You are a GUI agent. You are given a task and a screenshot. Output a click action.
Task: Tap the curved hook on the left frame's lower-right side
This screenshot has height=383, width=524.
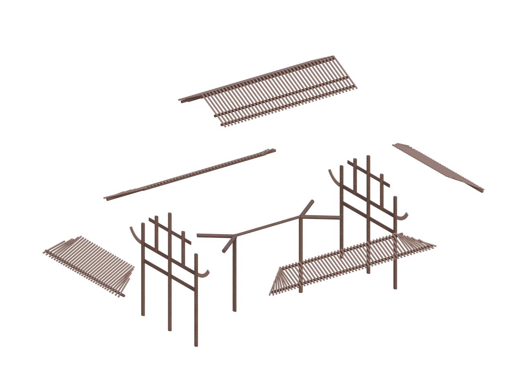coord(204,274)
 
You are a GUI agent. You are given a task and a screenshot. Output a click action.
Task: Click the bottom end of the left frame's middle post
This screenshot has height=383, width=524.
coord(169,329)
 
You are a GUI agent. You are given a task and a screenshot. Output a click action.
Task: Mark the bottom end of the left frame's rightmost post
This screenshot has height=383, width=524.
coord(196,345)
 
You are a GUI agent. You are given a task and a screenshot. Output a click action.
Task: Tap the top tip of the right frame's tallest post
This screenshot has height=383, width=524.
coord(368,157)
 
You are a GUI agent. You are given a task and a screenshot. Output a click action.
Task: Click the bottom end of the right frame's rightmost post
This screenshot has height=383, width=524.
coord(395,288)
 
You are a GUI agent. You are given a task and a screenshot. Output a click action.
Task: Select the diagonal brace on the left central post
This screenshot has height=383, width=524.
coord(228,244)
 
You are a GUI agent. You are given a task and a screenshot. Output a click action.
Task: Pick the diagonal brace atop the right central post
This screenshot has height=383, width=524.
coord(307,207)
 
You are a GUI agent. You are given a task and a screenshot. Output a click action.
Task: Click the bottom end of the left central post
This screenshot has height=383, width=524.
coord(235,310)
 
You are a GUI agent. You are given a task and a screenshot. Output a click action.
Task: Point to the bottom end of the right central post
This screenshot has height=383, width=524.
coord(301,291)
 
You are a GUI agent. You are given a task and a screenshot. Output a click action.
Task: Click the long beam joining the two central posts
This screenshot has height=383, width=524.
coord(268,226)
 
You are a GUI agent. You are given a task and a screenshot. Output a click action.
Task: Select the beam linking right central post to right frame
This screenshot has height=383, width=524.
coord(321,217)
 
